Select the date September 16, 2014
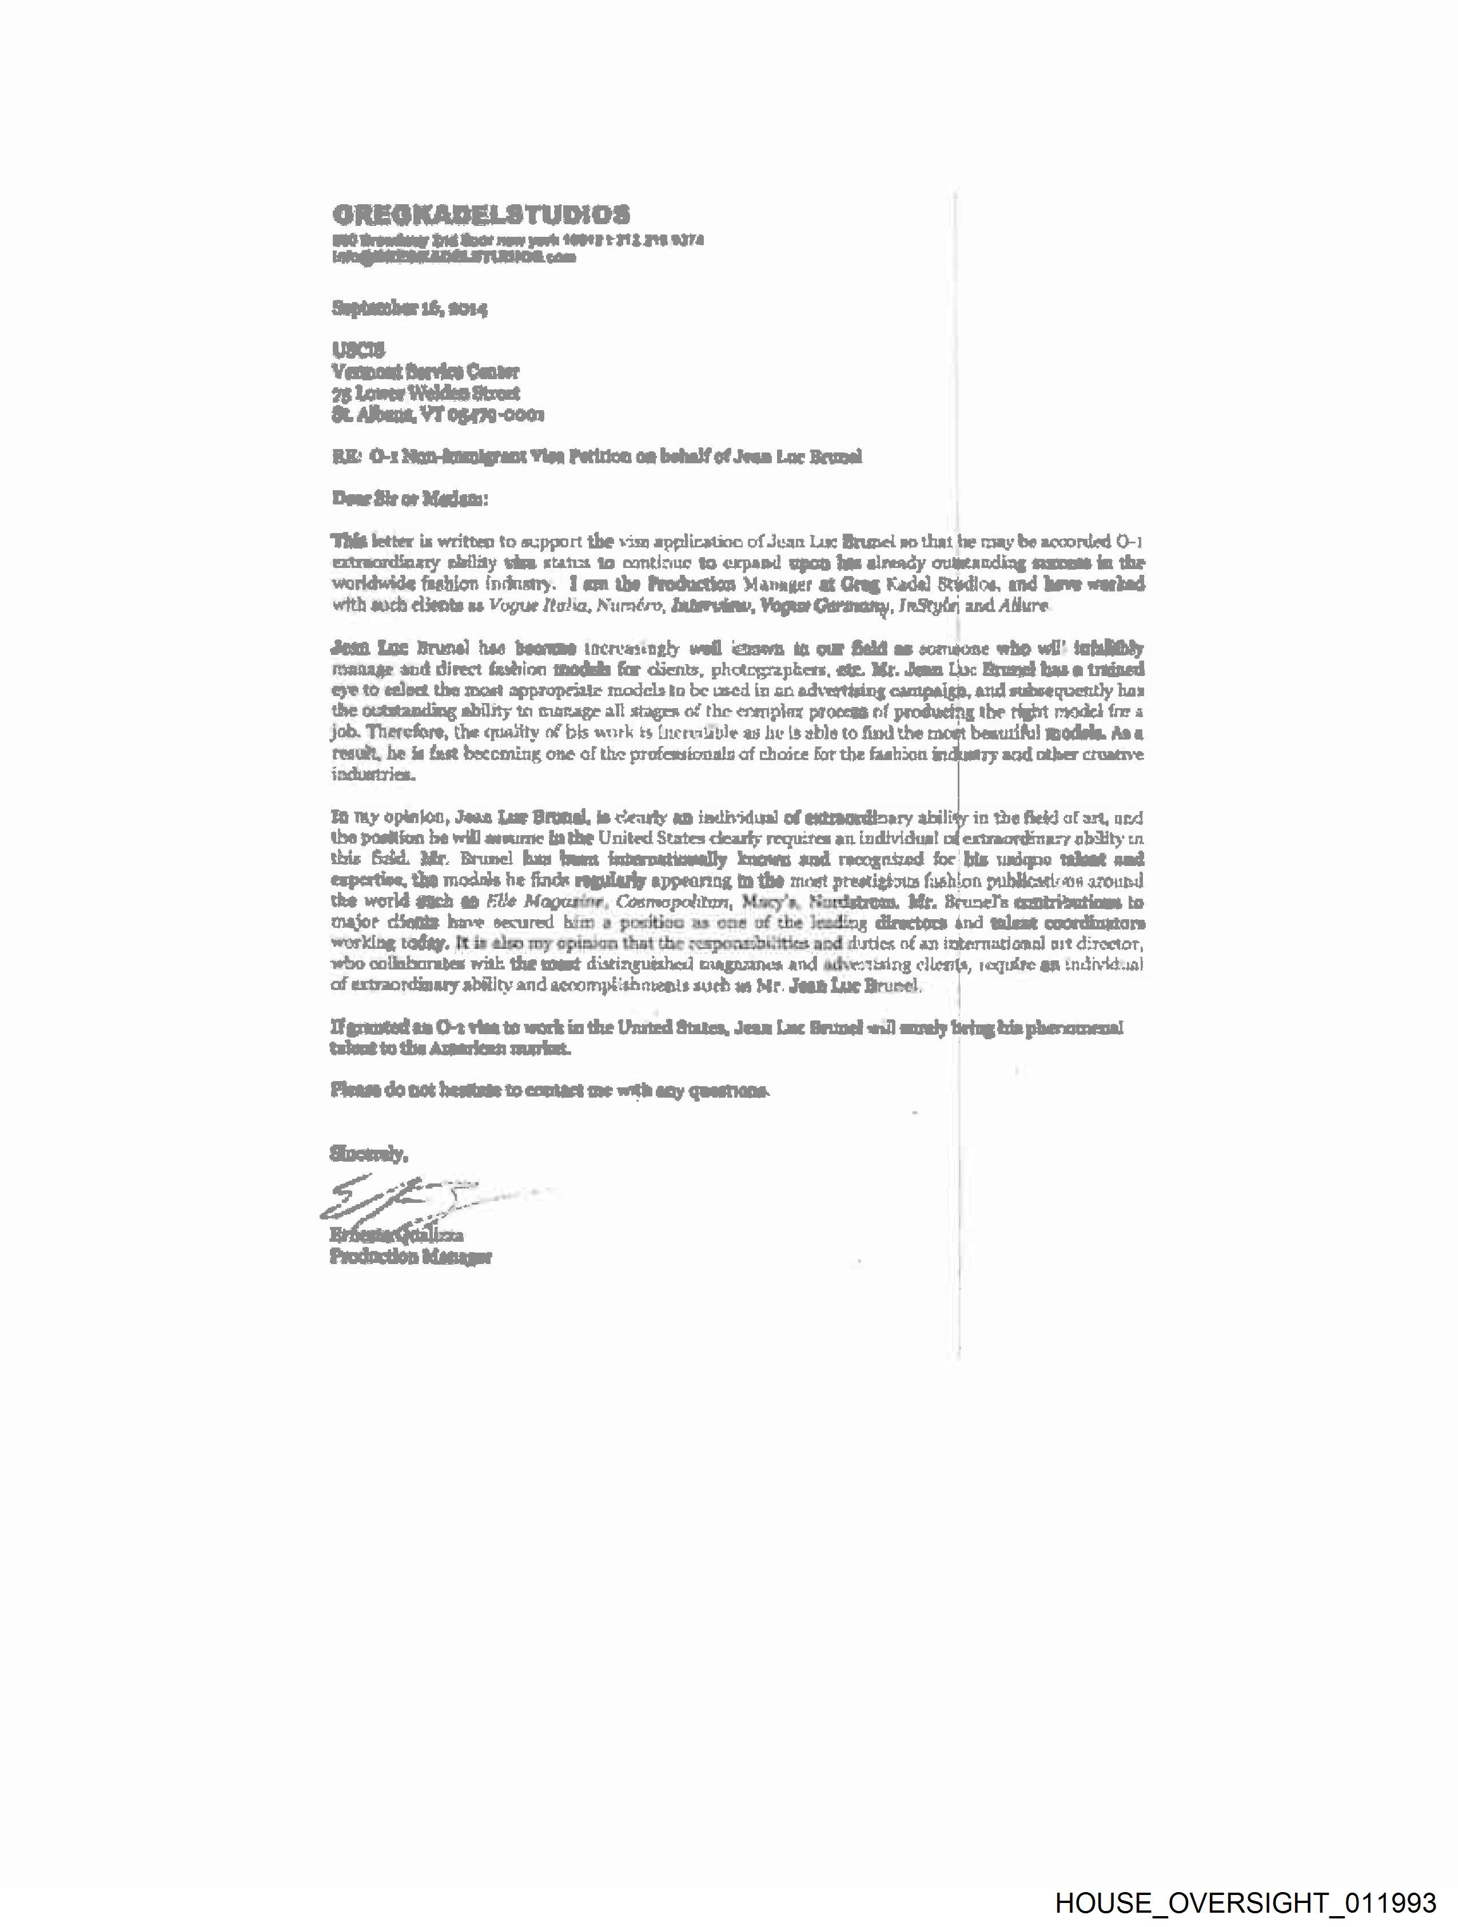pos(409,308)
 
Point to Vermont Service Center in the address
pos(425,372)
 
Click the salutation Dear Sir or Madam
pos(409,499)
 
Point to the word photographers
pos(764,670)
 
